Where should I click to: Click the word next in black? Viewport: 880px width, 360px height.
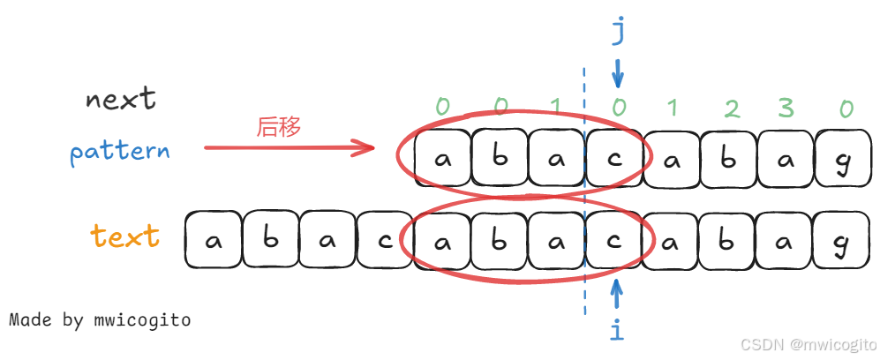point(121,98)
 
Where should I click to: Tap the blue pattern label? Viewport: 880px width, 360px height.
point(120,151)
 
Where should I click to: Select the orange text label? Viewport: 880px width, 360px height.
point(125,236)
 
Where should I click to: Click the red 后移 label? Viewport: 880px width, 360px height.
point(279,127)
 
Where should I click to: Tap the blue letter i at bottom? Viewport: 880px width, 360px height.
point(617,330)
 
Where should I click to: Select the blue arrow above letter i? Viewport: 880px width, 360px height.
point(617,291)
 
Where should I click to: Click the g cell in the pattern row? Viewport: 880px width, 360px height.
point(843,160)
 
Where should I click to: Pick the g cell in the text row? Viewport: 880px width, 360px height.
point(843,239)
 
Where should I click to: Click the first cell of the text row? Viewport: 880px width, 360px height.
point(213,239)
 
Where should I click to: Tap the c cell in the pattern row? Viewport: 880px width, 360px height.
point(614,160)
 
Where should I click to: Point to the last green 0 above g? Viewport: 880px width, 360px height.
point(846,109)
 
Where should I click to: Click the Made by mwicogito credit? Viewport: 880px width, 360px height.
point(100,319)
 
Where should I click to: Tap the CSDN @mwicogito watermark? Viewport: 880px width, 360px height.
point(807,343)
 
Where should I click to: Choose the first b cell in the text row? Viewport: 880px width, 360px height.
point(270,239)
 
